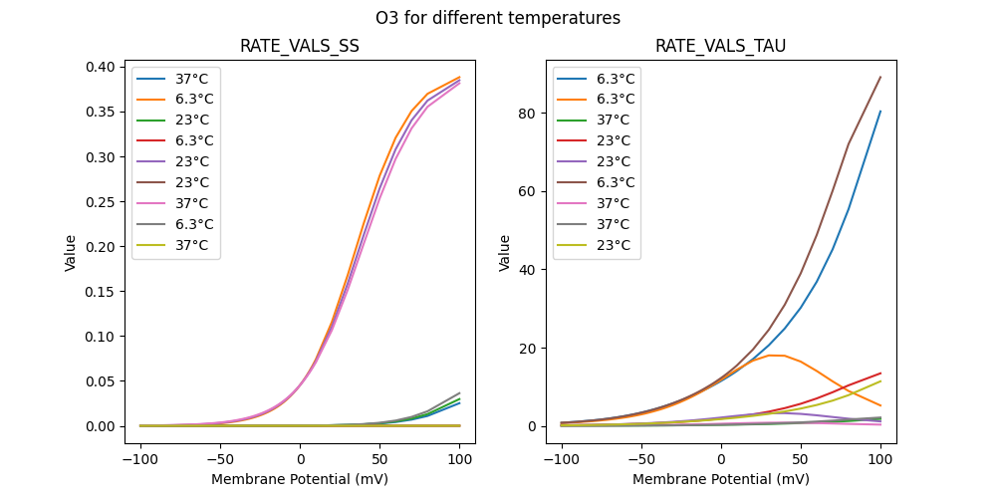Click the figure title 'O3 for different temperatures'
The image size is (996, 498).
[x=498, y=18]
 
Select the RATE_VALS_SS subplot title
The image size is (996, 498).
[x=300, y=46]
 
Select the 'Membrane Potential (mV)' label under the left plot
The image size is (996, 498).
[x=300, y=479]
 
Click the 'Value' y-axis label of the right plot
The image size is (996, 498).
[x=505, y=253]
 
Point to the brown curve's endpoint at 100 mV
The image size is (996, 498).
[x=880, y=77]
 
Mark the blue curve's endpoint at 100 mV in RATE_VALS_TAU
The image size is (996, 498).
[x=880, y=111]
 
